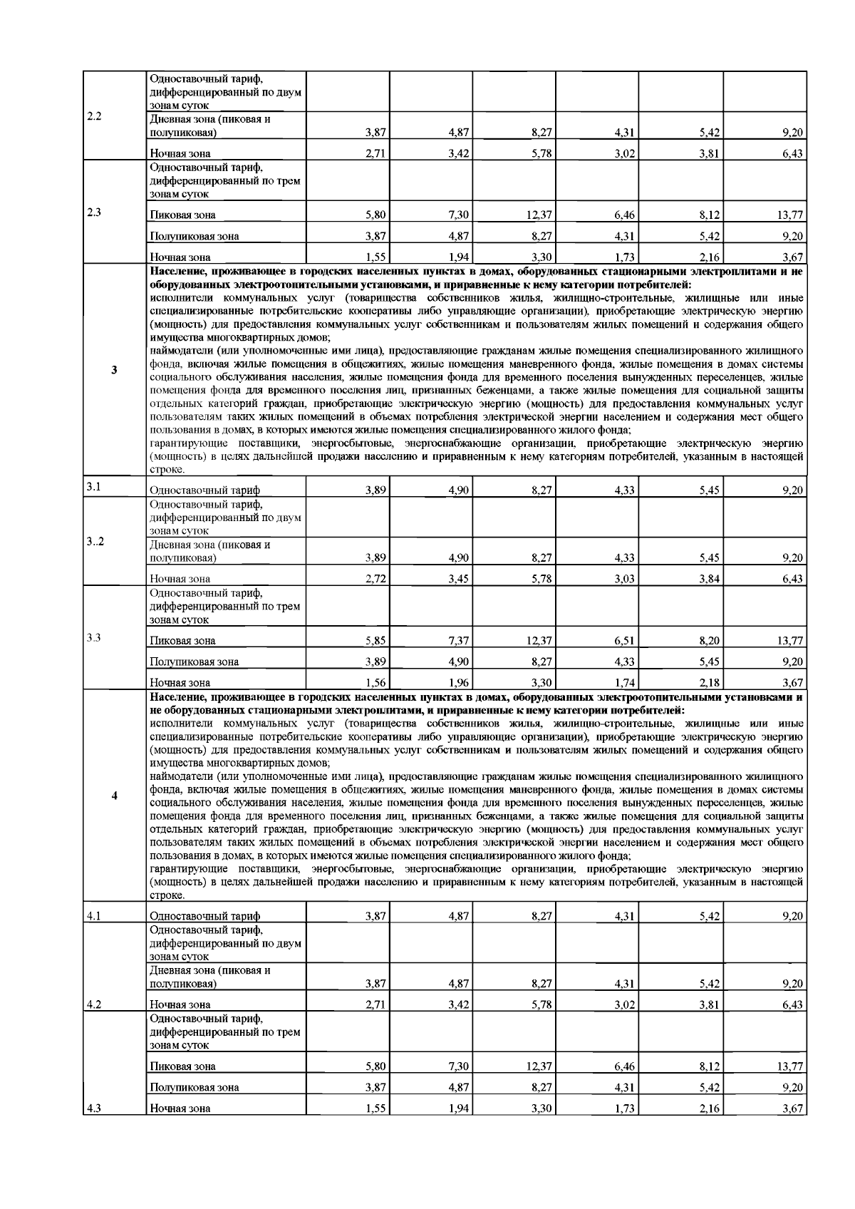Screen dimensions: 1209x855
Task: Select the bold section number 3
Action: pyautogui.click(x=115, y=369)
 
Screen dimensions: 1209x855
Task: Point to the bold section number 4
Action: pyautogui.click(x=115, y=795)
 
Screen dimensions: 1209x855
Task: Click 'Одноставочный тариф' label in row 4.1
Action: pyautogui.click(x=204, y=916)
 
